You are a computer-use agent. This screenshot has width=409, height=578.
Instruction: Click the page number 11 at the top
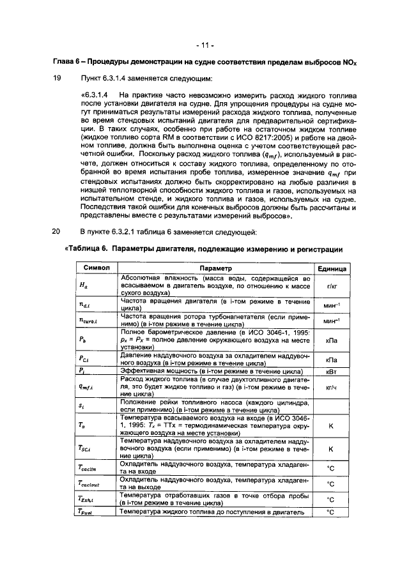point(204,45)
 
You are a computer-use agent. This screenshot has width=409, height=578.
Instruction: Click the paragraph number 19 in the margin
point(57,78)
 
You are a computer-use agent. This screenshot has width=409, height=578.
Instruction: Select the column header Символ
point(96,269)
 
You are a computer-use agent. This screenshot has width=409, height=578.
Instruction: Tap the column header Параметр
point(215,269)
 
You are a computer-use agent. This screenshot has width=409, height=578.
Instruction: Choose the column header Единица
point(331,269)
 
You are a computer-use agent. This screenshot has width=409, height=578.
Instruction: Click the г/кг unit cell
point(331,287)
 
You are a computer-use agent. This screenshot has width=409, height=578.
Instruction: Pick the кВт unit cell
point(331,370)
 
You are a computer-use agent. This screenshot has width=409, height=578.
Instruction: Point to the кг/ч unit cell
point(331,386)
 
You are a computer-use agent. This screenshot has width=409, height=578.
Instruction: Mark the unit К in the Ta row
point(331,424)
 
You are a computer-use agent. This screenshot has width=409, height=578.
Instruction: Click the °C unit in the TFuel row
point(331,512)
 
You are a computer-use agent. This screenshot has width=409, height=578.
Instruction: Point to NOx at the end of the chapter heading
point(349,63)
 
